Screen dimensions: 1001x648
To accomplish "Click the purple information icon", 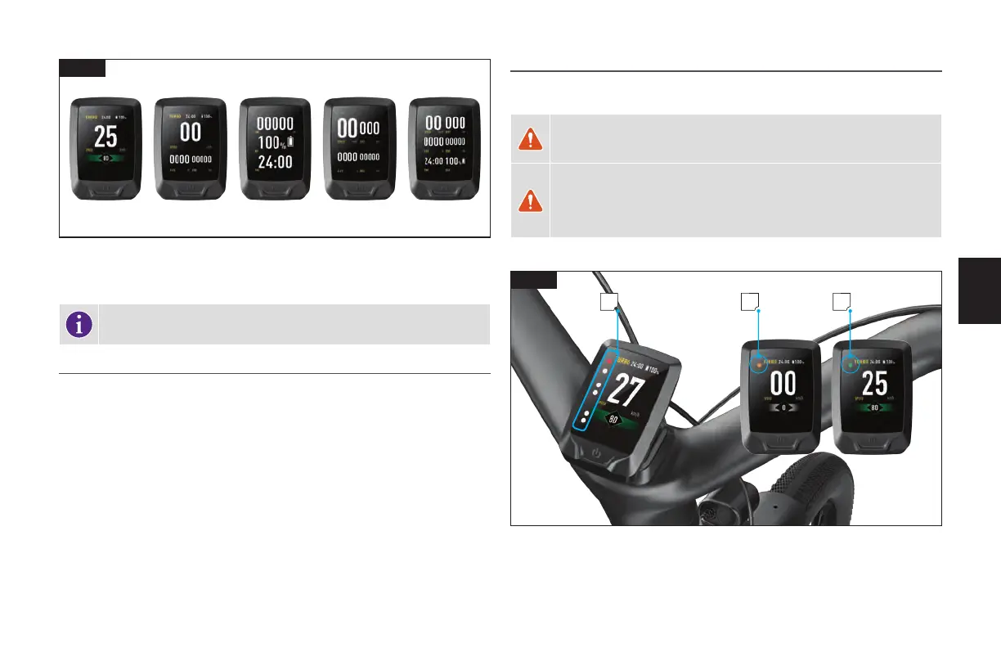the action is click(x=79, y=324).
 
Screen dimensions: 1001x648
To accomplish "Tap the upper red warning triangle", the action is click(x=530, y=139).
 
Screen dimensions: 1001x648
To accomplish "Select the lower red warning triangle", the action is click(x=530, y=200).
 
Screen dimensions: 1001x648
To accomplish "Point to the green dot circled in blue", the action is click(x=851, y=362).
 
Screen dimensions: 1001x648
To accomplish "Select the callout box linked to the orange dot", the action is click(x=750, y=302).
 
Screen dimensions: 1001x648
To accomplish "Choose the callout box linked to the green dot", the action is click(x=842, y=302).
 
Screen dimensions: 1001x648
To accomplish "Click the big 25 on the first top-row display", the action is click(x=105, y=137).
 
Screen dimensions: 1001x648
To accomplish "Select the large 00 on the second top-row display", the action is click(x=190, y=133).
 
